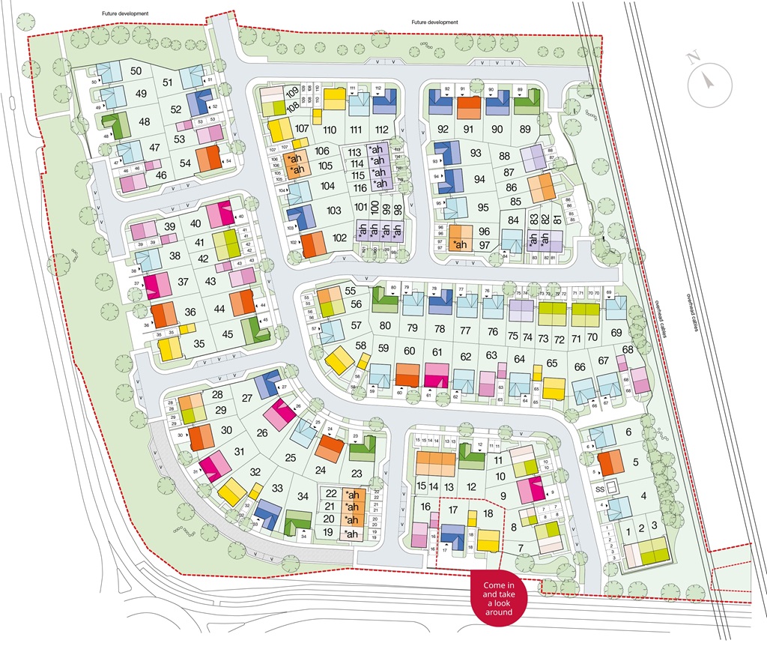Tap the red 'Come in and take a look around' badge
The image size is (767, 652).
498,597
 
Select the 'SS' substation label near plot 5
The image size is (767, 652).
599,489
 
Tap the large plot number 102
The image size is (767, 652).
340,238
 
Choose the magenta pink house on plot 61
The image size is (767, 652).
436,375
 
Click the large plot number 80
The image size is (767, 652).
385,325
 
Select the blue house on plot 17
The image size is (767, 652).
452,536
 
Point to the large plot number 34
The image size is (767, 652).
303,496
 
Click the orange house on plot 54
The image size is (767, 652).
208,159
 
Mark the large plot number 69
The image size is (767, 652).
616,332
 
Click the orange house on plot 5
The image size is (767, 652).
610,462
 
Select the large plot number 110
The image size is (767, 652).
330,130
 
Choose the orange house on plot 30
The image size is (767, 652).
201,436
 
